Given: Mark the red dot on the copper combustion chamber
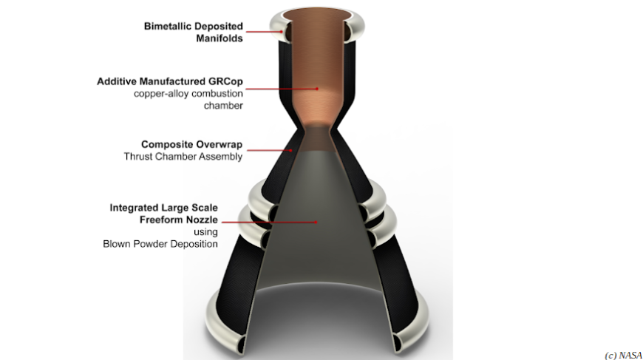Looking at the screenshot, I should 318,88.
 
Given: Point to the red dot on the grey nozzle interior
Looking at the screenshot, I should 316,221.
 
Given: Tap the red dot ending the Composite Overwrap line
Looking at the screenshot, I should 291,150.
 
